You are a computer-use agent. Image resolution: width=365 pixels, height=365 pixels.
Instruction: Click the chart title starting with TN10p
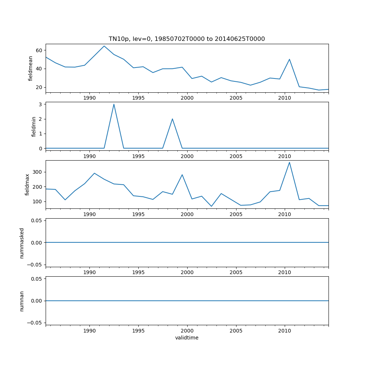pyautogui.click(x=187, y=39)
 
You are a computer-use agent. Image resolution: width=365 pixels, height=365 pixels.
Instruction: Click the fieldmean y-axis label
pyautogui.click(x=31, y=68)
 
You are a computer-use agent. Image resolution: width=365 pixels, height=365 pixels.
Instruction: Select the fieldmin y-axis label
pyautogui.click(x=34, y=126)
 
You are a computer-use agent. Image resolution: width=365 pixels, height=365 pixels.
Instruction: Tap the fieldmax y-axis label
pyautogui.click(x=27, y=184)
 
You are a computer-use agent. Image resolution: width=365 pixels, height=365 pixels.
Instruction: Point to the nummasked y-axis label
pyautogui.click(x=22, y=243)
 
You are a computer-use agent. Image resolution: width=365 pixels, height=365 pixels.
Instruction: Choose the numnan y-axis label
pyautogui.click(x=22, y=301)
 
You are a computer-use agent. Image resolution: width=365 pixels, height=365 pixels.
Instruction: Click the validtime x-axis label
pyautogui.click(x=187, y=338)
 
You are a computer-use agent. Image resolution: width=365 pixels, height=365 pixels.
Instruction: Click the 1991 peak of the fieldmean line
pyautogui.click(x=104, y=46)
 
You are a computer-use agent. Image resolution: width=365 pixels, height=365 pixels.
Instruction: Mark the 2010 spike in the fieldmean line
pyautogui.click(x=289, y=59)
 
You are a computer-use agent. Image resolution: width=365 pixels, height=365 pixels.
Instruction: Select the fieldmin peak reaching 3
pyautogui.click(x=114, y=104)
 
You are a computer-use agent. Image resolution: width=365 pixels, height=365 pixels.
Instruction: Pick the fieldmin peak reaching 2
pyautogui.click(x=172, y=119)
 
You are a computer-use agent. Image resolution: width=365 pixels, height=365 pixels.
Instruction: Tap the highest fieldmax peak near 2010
pyautogui.click(x=289, y=162)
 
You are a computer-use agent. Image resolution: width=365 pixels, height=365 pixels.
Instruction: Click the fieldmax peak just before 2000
pyautogui.click(x=182, y=174)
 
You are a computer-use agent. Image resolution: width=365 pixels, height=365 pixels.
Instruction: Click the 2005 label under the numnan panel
pyautogui.click(x=236, y=331)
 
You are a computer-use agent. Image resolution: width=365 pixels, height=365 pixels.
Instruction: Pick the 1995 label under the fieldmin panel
pyautogui.click(x=138, y=157)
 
